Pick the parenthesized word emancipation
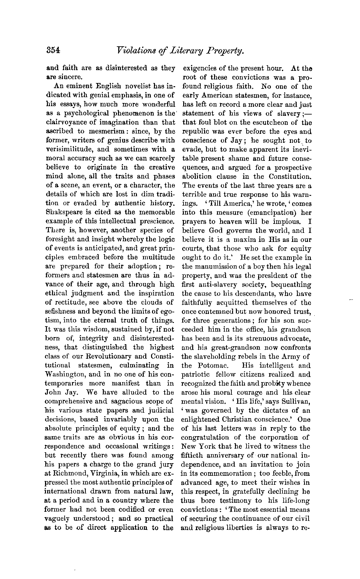[267, 213]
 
